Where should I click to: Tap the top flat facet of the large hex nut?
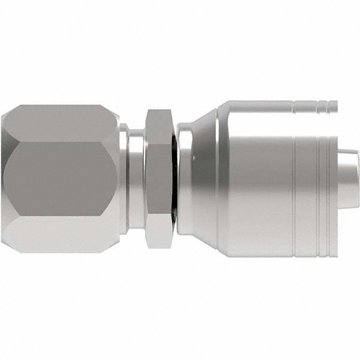pyautogui.click(x=60, y=122)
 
